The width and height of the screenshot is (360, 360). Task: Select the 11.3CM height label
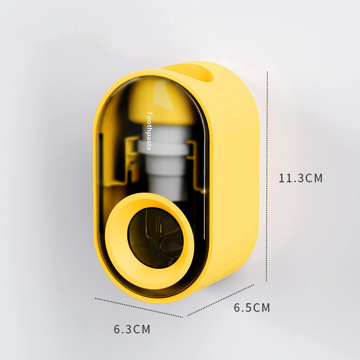click(301, 178)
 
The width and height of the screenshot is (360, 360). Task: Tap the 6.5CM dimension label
click(252, 308)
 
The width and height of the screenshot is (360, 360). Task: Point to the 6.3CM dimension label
click(132, 329)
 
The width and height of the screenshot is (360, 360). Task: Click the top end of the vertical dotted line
click(267, 72)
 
